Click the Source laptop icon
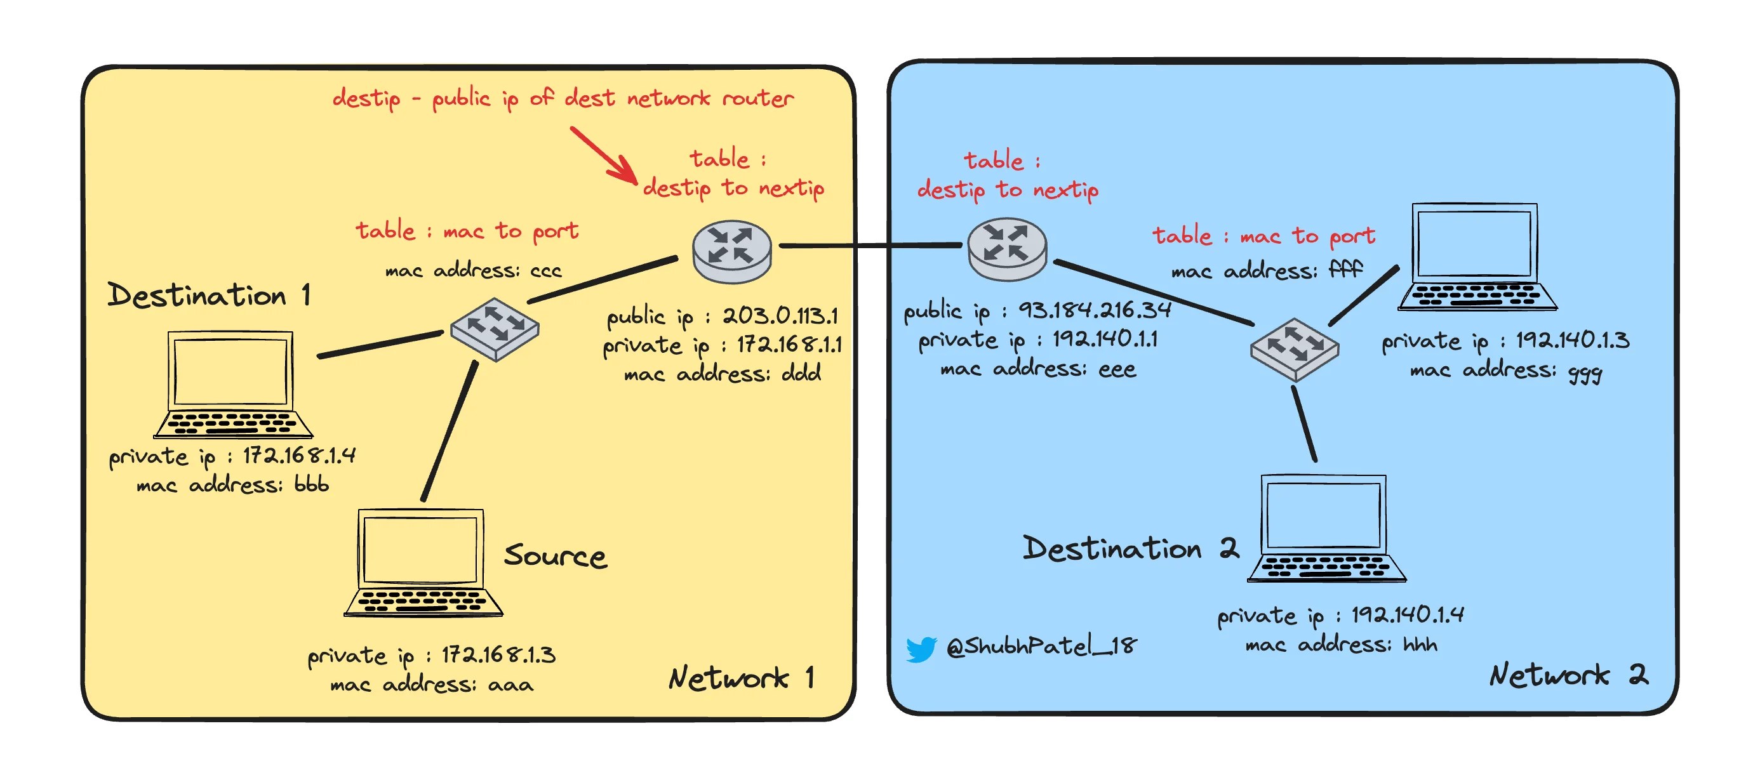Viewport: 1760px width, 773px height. tap(423, 563)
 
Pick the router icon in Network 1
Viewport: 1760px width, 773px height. tap(731, 250)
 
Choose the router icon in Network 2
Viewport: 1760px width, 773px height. tap(1007, 249)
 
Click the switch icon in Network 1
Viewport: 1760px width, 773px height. tap(495, 329)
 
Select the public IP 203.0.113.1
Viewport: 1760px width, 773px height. tap(780, 315)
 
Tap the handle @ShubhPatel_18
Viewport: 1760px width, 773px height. tap(1041, 646)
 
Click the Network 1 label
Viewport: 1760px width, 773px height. tap(742, 678)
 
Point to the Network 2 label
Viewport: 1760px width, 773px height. tap(1569, 675)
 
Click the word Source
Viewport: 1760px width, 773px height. tap(555, 556)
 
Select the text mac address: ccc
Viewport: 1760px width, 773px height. tap(473, 271)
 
